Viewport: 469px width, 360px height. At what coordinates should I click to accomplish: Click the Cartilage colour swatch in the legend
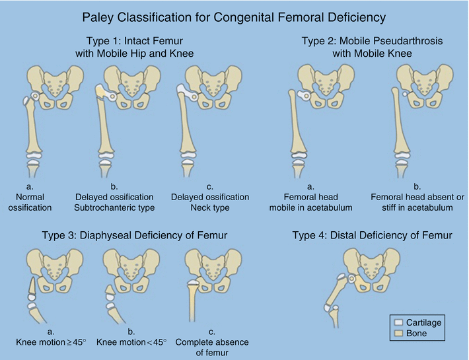coord(398,322)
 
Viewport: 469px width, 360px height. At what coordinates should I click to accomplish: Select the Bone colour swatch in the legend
coord(398,334)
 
